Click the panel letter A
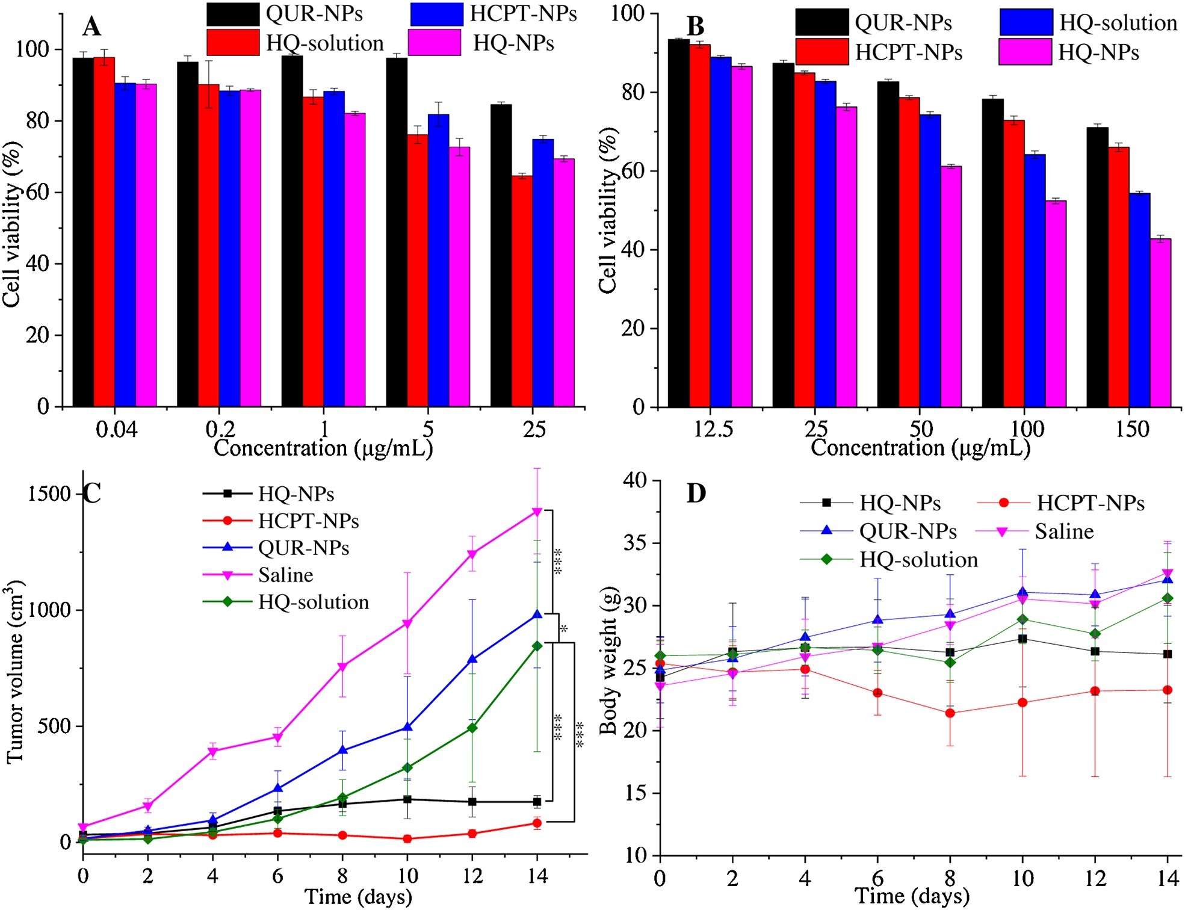(91, 27)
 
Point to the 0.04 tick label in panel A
(116, 429)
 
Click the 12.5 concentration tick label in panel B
(713, 429)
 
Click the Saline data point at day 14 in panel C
(537, 512)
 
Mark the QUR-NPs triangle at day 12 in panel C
(473, 659)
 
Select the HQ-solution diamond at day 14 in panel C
(537, 646)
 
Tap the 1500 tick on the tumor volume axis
(49, 494)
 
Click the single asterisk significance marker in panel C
(564, 630)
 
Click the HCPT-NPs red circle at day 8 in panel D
(950, 713)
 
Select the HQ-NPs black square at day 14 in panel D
(1168, 654)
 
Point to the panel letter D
(696, 494)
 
